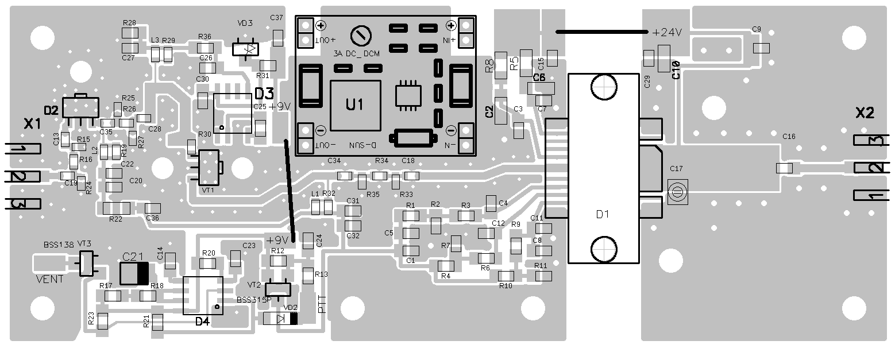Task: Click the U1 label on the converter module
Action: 354,104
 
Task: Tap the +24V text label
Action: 666,33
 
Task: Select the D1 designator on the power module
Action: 603,215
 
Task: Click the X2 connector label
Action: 865,113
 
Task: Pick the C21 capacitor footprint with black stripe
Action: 134,273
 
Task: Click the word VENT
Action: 50,280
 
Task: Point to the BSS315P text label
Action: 253,300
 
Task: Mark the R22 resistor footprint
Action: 115,208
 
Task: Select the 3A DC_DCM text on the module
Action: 356,53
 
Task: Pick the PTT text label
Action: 322,304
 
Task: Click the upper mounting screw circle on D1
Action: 603,87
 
